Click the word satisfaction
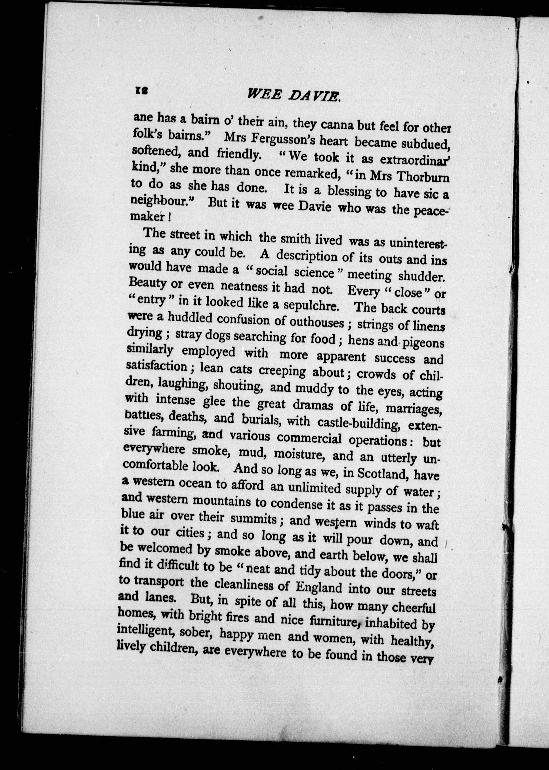(156, 366)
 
